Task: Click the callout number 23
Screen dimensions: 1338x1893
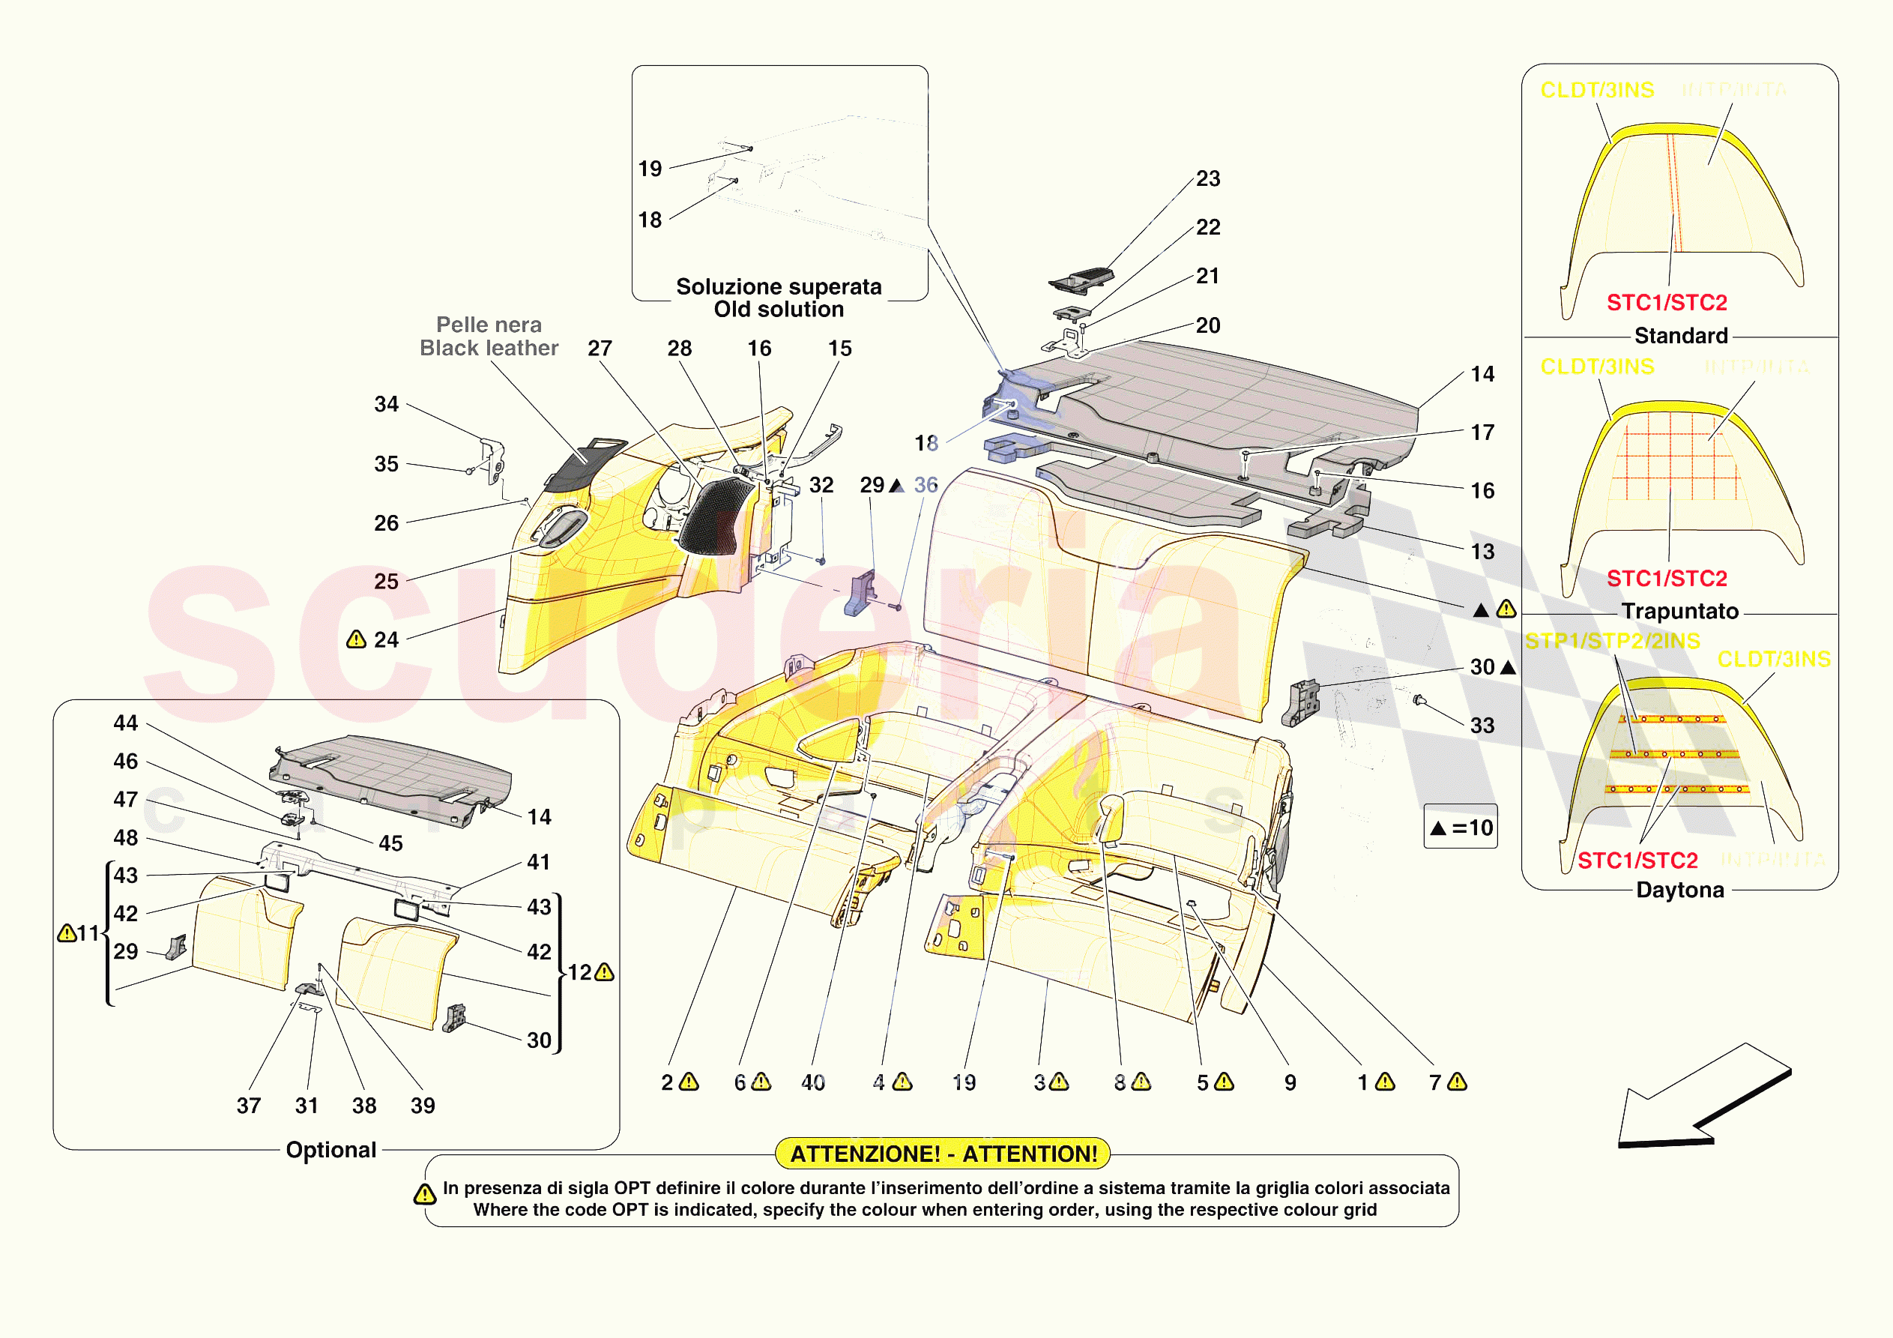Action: (x=1208, y=178)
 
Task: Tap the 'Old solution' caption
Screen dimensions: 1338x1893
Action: (x=779, y=310)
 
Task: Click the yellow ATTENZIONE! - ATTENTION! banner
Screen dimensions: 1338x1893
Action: (x=944, y=1153)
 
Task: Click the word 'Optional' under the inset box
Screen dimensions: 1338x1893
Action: (x=330, y=1150)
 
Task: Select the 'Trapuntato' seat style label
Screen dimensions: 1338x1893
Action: (x=1679, y=611)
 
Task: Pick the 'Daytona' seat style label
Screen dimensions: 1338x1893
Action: (x=1679, y=890)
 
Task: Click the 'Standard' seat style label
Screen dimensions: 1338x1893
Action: (x=1680, y=336)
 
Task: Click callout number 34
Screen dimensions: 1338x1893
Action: (x=386, y=404)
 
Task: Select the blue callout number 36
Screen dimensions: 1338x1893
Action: (x=925, y=485)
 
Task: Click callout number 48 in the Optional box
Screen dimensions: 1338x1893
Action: (x=125, y=837)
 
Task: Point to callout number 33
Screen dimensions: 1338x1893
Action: (x=1482, y=725)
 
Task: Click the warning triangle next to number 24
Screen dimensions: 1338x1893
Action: (x=356, y=639)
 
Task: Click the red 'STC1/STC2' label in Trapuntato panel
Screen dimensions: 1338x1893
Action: (x=1666, y=579)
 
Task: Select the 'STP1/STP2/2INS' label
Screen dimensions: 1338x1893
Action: (x=1612, y=641)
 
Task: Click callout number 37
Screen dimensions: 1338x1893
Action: (x=248, y=1106)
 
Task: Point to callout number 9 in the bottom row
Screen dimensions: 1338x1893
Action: (x=1290, y=1082)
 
